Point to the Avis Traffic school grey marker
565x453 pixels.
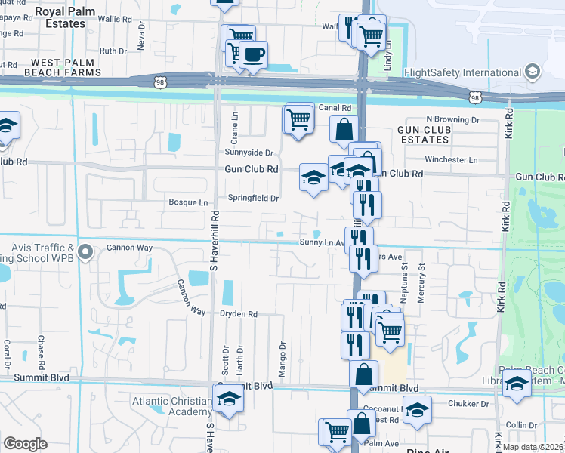click(85, 251)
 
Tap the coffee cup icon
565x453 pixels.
click(254, 54)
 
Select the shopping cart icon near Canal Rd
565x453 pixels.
click(299, 119)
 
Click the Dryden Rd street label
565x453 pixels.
click(239, 314)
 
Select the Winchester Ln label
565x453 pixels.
click(452, 160)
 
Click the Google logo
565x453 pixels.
click(25, 444)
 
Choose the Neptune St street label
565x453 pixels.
click(405, 282)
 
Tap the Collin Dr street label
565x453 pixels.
click(522, 426)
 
